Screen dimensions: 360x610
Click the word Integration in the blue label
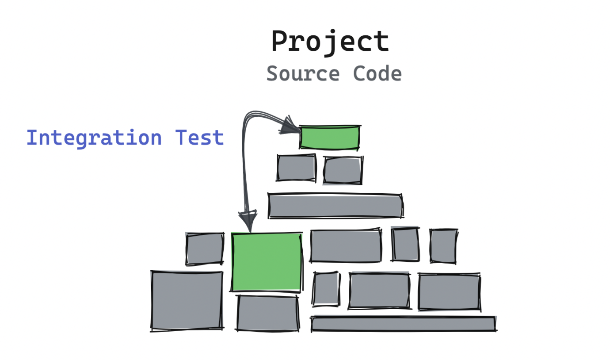[x=94, y=138]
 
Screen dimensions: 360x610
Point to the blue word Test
[x=199, y=138]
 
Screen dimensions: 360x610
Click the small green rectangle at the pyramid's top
[x=330, y=137]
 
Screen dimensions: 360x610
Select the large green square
[x=267, y=262]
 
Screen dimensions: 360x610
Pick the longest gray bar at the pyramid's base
[x=403, y=324]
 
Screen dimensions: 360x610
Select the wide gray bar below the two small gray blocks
[x=335, y=206]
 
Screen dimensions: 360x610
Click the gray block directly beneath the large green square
[x=267, y=313]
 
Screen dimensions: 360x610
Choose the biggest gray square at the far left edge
[x=187, y=300]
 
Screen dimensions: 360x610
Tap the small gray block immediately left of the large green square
[x=205, y=249]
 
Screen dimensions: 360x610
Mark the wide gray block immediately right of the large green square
[x=346, y=246]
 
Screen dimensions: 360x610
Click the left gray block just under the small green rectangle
[x=296, y=168]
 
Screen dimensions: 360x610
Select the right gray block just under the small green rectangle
[x=343, y=170]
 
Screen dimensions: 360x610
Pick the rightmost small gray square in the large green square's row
[x=443, y=245]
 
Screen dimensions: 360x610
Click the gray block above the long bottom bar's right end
[x=449, y=291]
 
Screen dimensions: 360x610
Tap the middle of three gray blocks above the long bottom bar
[x=379, y=290]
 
